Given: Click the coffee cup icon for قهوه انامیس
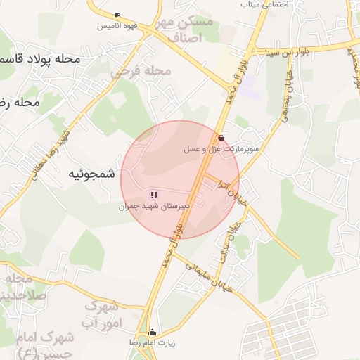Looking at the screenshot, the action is [117, 15].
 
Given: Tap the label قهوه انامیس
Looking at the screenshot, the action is [117, 25].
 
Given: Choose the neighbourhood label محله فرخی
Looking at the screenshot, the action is [141, 71].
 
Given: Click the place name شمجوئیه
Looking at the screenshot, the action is [91, 174].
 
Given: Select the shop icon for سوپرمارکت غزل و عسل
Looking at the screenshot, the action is [221, 138].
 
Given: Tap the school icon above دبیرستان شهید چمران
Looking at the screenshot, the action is [154, 195].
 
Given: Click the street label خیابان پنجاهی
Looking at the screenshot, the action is [285, 117].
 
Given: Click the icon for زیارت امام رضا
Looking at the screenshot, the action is [153, 332].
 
